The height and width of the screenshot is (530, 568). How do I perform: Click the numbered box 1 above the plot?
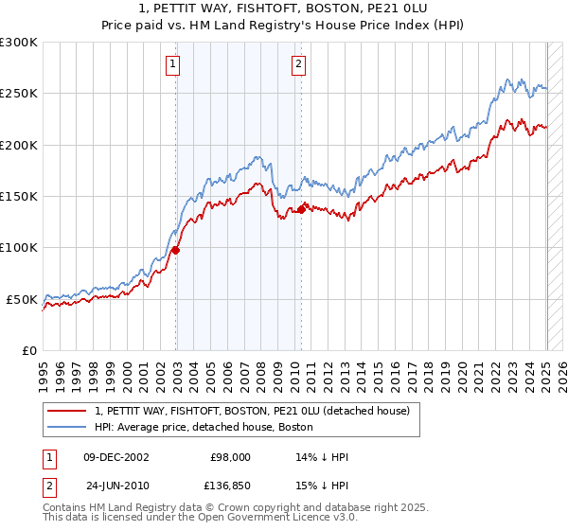click(174, 64)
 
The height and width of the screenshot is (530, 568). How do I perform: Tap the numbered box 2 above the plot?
click(298, 64)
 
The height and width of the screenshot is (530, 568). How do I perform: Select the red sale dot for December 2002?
click(176, 250)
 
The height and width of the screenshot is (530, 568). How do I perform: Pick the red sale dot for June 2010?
click(302, 209)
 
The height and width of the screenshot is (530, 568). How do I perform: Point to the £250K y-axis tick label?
click(19, 94)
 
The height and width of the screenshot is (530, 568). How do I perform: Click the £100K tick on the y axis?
click(19, 247)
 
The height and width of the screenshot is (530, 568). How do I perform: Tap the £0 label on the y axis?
click(28, 350)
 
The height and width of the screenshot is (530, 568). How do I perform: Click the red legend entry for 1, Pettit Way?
click(252, 411)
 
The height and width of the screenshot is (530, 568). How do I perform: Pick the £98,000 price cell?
click(230, 457)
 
